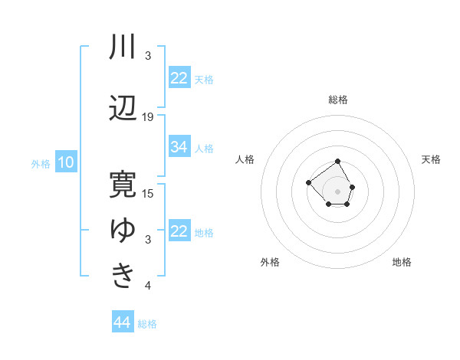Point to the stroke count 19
click(148, 116)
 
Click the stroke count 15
click(148, 193)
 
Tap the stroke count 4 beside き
click(148, 286)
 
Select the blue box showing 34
click(179, 147)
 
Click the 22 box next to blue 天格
click(179, 78)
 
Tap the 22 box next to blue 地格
click(179, 231)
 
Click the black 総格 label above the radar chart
click(338, 100)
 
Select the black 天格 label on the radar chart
click(432, 159)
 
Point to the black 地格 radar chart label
click(402, 262)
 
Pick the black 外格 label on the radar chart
click(270, 262)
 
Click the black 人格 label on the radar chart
click(245, 159)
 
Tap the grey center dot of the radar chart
click(338, 190)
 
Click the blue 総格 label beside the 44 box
click(147, 324)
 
